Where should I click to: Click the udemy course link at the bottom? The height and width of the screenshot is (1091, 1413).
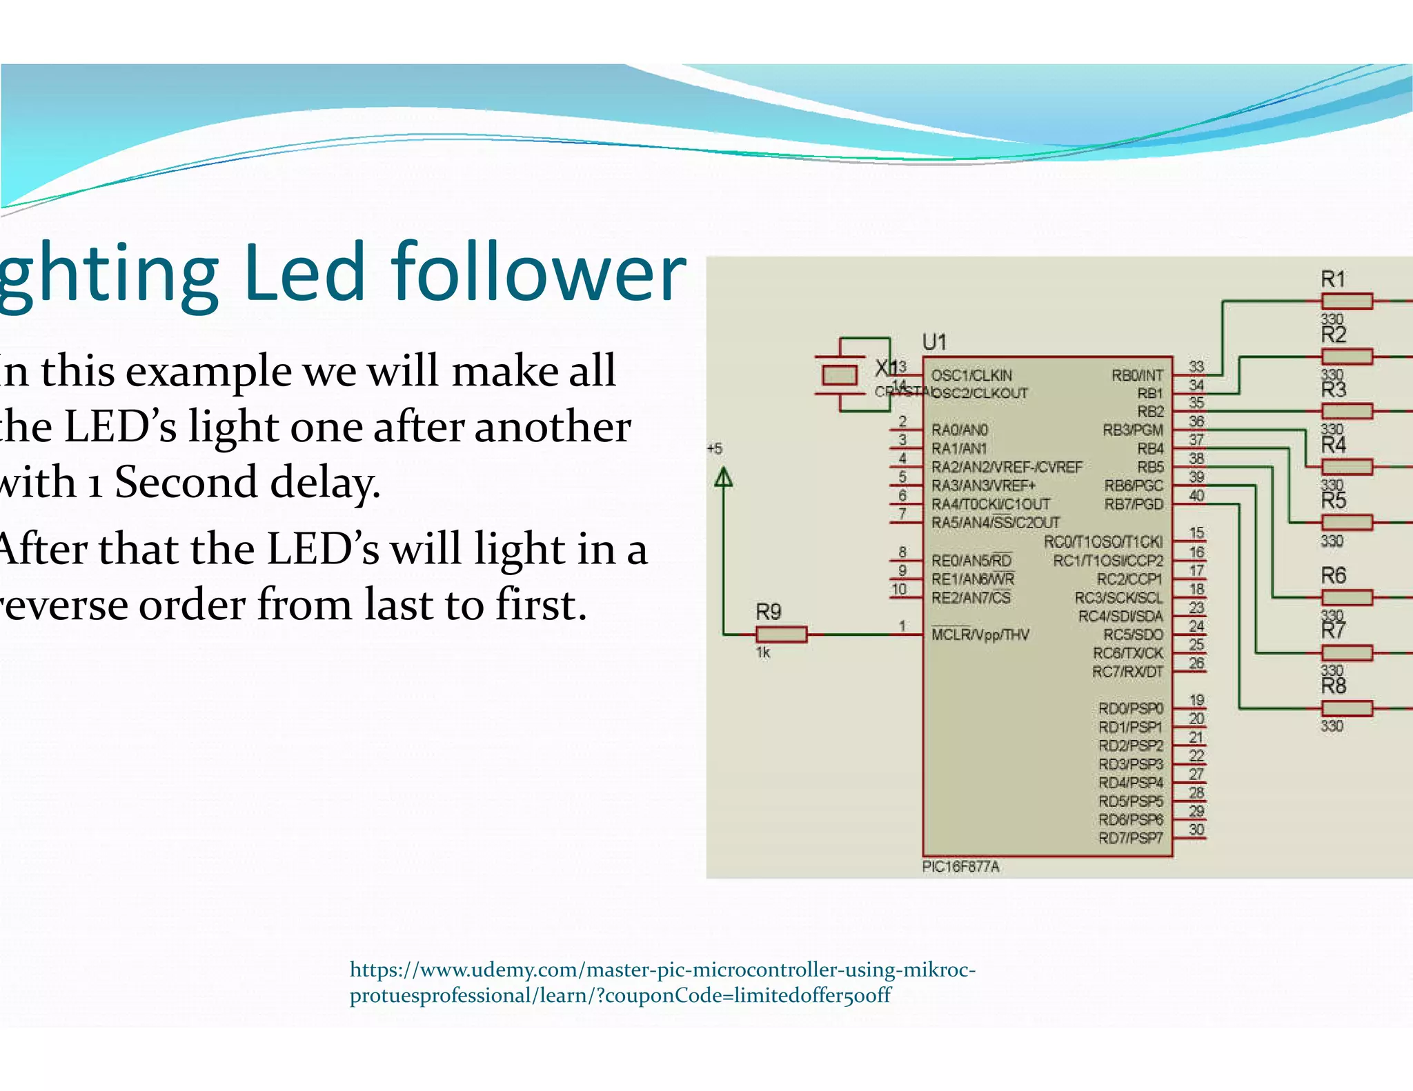coord(662,982)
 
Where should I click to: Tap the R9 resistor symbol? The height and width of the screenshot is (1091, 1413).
coord(781,634)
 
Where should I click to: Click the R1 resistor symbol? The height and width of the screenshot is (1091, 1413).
coord(1347,301)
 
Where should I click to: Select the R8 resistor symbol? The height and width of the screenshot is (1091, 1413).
coord(1347,708)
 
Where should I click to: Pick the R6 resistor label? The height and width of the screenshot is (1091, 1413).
coord(1333,575)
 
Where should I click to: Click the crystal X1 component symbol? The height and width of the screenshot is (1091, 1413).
coord(840,375)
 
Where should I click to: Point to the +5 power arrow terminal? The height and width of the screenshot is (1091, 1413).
coord(723,477)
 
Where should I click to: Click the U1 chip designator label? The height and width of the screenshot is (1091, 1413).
coord(934,342)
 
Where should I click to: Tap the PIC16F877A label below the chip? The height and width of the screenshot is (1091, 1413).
coord(960,867)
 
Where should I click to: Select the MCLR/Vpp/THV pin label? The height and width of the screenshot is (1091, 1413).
coord(980,634)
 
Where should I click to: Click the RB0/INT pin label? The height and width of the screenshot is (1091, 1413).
coord(1136,376)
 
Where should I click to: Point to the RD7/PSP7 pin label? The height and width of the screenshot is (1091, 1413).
coord(1130,839)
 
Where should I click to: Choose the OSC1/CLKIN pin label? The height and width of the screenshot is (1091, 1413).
coord(971,376)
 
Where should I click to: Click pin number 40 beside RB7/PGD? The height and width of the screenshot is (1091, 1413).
coord(1196,495)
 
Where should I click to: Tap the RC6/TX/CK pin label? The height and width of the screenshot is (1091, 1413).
coord(1127,653)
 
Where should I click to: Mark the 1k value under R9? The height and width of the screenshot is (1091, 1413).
coord(762,652)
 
